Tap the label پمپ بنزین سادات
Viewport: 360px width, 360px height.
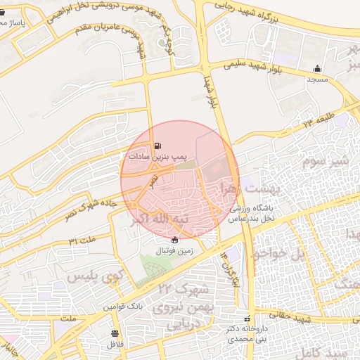[155, 156]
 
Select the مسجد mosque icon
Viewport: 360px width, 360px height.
[317, 69]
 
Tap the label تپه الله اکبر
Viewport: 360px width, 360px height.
[160, 220]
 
